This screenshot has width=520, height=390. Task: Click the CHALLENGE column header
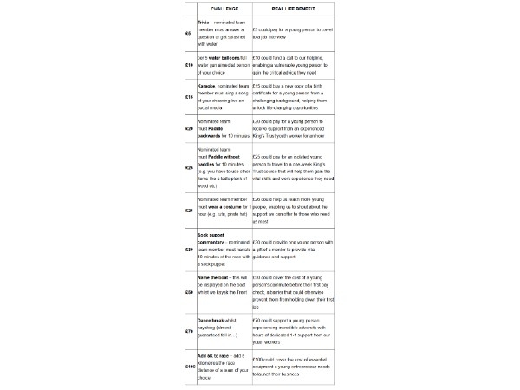pos(215,8)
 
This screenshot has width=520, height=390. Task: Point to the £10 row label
pos(189,65)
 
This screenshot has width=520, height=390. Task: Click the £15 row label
pos(189,97)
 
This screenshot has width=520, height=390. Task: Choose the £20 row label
pos(189,128)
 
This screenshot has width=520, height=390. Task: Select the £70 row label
pos(189,329)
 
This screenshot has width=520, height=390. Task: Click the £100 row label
pos(190,367)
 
